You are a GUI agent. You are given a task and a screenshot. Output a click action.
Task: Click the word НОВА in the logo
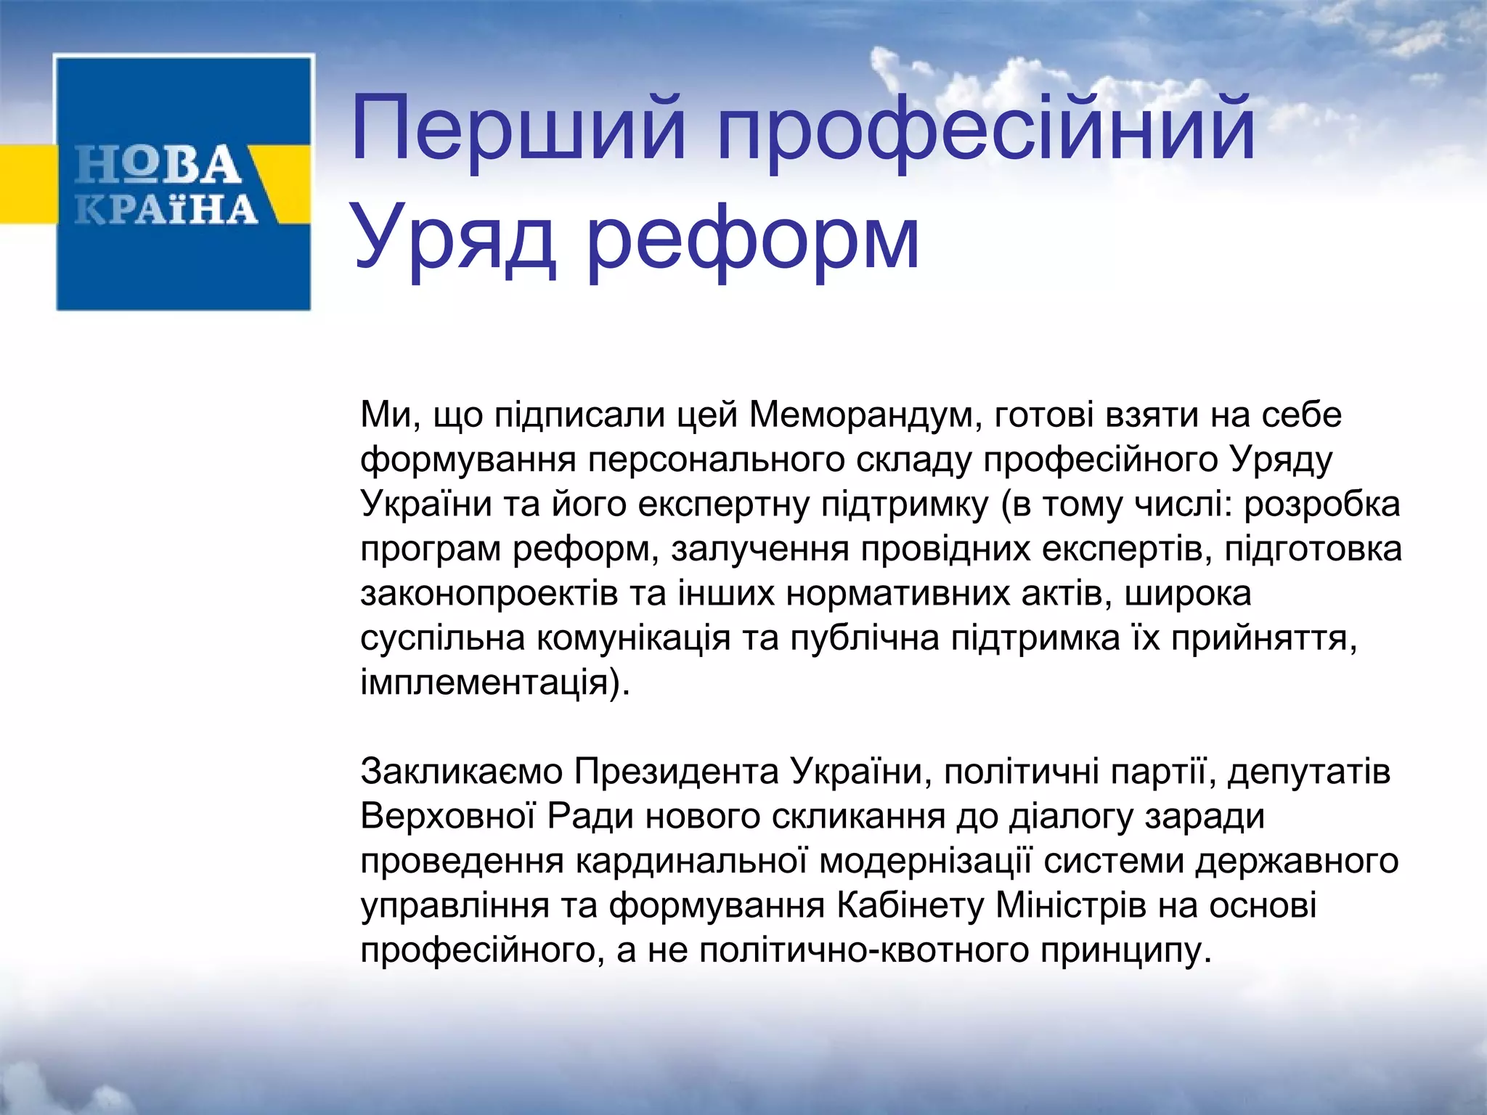158,165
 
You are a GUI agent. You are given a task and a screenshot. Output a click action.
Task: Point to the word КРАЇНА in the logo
167,209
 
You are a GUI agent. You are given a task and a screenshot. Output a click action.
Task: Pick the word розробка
1321,505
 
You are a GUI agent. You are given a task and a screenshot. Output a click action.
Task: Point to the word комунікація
633,638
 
